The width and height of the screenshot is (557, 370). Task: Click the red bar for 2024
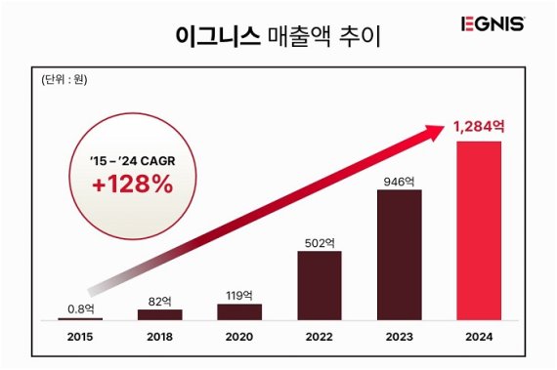coord(479,230)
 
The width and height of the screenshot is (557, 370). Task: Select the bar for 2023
coord(399,255)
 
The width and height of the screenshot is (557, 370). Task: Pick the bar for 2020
coord(239,311)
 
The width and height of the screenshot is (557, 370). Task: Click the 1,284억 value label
coord(479,126)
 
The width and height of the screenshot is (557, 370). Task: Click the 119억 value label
coord(239,294)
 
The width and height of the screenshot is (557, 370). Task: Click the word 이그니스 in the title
coord(218,37)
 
